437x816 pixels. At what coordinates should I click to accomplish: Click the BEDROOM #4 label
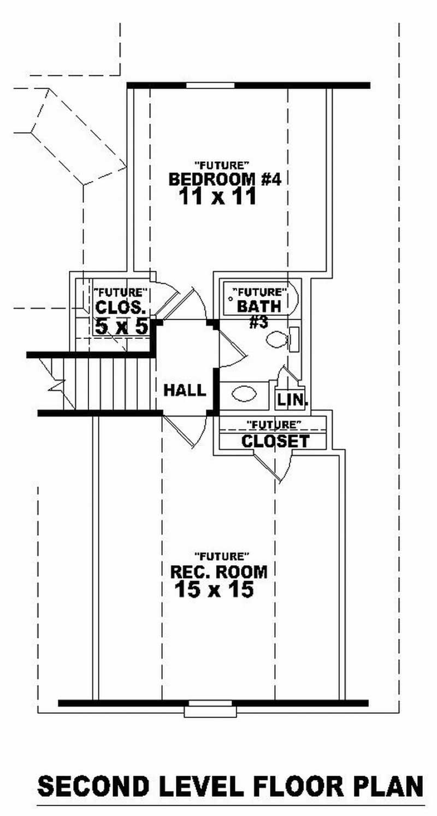[x=224, y=179]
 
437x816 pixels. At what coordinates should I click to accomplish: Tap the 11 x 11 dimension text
[x=217, y=197]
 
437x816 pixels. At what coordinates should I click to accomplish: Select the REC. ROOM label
[x=219, y=572]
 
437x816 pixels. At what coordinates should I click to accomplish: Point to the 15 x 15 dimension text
[x=214, y=589]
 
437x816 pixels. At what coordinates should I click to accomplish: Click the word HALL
[x=185, y=390]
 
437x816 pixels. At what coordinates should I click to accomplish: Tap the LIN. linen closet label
[x=292, y=400]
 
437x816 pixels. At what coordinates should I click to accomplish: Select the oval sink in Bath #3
[x=244, y=394]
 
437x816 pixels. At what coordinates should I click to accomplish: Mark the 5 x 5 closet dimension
[x=121, y=327]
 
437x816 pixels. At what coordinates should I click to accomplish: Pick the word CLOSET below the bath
[x=275, y=441]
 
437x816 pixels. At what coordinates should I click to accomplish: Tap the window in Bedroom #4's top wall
[x=210, y=85]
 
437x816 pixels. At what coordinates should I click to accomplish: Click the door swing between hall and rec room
[x=186, y=432]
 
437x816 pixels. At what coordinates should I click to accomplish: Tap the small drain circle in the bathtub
[x=231, y=300]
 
